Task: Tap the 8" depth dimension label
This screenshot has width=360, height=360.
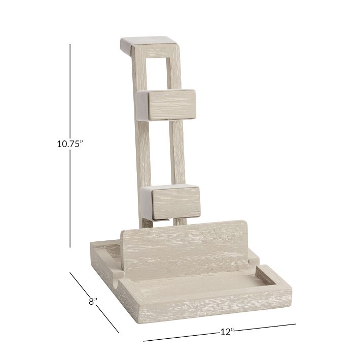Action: (x=92, y=302)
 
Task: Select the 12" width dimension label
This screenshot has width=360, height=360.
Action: (x=227, y=332)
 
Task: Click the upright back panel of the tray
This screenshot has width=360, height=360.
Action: (x=188, y=243)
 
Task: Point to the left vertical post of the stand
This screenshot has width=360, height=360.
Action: (x=141, y=152)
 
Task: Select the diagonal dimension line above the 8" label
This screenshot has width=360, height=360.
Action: (x=80, y=283)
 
